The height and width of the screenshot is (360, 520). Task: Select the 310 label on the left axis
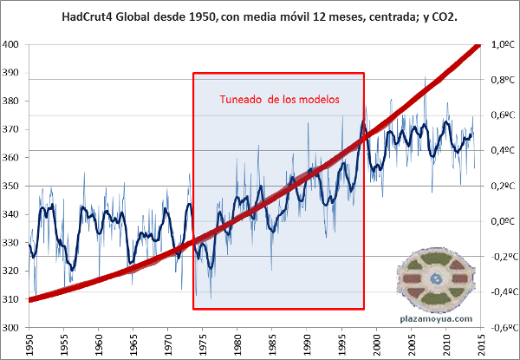point(13,299)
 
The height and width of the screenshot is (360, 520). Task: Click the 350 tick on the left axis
point(13,186)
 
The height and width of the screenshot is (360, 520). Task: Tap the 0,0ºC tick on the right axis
point(504,221)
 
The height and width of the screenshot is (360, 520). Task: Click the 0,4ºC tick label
point(504,150)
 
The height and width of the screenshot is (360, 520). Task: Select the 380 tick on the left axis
point(13,101)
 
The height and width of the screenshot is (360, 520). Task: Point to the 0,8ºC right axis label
point(504,80)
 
